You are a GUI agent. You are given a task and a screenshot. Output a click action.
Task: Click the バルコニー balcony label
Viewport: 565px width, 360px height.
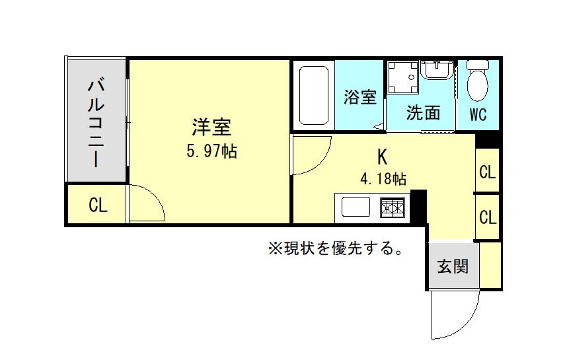96,124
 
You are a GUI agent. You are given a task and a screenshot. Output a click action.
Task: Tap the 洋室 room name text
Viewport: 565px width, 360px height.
211,127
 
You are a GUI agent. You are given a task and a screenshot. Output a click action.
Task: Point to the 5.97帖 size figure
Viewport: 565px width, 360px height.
211,151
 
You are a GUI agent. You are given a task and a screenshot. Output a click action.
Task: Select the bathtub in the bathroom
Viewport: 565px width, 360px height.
314,96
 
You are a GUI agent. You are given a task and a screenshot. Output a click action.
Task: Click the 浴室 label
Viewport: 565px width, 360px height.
360,96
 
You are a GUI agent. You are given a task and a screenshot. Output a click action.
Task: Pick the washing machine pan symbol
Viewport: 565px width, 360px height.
403,77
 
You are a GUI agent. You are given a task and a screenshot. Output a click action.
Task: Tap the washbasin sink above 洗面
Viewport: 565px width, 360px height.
437,70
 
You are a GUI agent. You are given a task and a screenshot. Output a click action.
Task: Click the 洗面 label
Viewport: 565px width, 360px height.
424,113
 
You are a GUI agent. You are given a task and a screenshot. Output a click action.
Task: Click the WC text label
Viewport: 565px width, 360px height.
478,114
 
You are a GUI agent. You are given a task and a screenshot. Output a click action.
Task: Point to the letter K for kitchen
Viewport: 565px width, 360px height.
382,157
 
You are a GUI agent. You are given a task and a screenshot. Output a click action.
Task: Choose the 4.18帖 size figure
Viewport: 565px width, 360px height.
383,178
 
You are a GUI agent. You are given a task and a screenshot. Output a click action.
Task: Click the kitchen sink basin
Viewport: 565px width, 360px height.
356,207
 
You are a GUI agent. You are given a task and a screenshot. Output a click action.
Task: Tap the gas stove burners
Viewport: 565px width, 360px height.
392,207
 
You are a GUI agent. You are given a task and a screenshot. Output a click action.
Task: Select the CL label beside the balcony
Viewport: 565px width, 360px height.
98,205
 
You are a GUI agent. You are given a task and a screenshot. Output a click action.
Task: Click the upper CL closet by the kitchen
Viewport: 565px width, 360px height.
488,172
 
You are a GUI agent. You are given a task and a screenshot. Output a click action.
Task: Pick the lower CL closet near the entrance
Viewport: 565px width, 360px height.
488,217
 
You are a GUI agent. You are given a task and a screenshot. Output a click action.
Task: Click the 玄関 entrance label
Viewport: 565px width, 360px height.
453,267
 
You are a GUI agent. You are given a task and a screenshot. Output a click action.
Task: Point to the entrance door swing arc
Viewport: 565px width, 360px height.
469,325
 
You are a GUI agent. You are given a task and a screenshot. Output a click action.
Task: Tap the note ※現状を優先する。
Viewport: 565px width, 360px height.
335,248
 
